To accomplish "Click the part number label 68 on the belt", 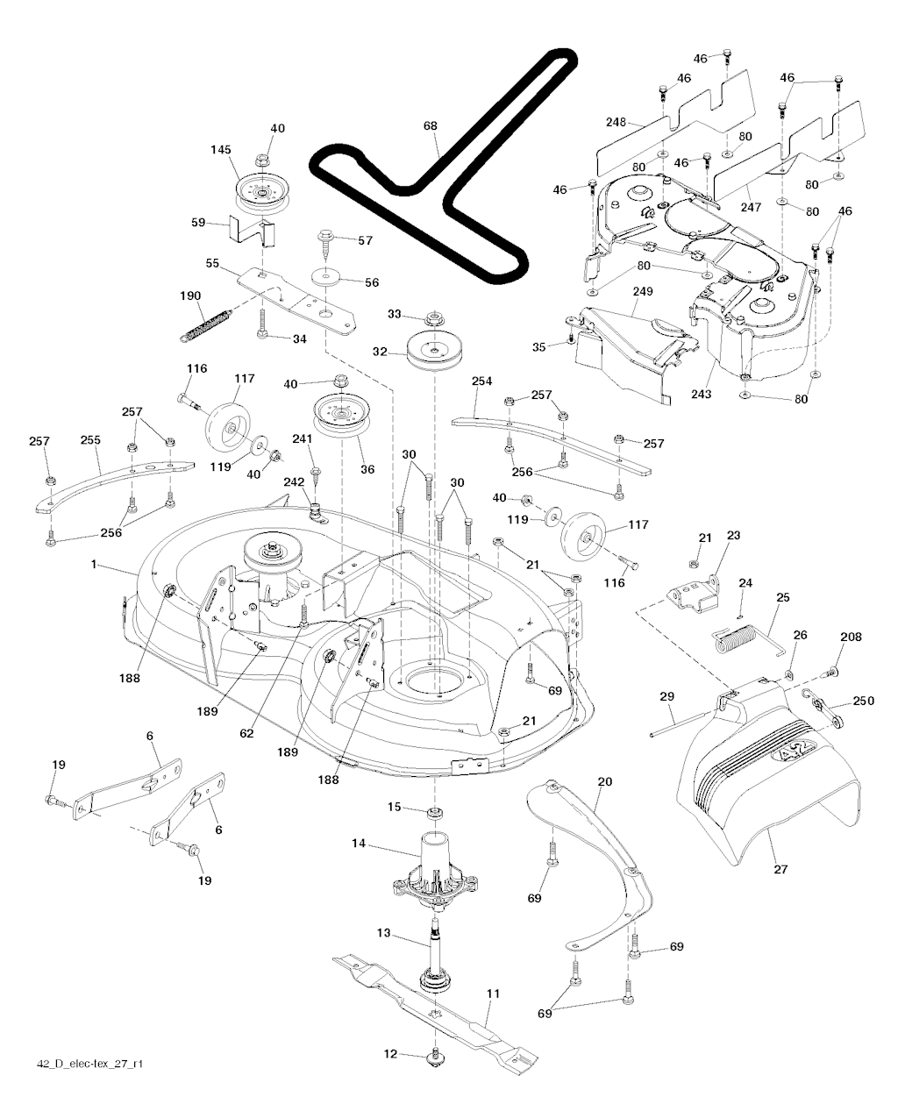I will [x=430, y=126].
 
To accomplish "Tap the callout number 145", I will [x=220, y=150].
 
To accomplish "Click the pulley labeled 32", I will [x=435, y=353].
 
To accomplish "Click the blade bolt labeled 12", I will [x=436, y=1058].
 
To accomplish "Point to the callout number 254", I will [x=481, y=382].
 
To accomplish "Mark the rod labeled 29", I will [x=680, y=723].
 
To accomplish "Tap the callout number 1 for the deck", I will [x=93, y=566].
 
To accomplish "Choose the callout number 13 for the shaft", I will [x=383, y=934].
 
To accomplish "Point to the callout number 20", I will [x=604, y=780].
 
